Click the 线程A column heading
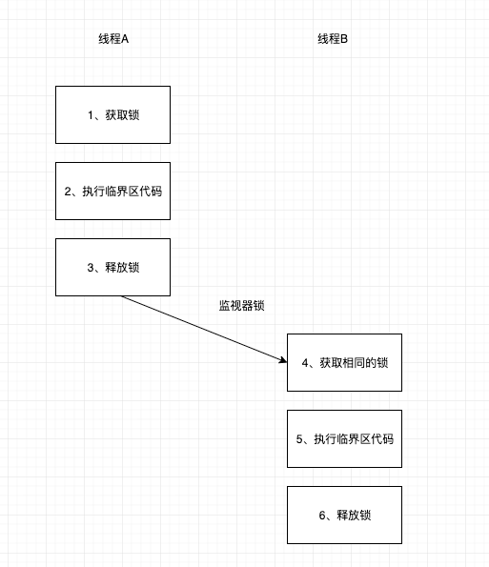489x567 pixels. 112,39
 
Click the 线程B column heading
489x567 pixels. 333,39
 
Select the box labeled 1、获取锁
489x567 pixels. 112,115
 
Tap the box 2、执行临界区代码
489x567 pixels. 112,191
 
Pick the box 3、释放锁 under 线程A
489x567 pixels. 112,267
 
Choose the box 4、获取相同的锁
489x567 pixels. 344,362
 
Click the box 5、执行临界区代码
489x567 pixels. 344,439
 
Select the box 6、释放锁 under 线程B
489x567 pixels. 344,516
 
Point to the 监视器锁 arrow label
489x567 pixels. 241,306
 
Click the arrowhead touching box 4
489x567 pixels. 282,360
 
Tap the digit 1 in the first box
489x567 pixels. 90,115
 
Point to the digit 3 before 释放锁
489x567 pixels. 90,268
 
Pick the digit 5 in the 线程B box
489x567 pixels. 300,439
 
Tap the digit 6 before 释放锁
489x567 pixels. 322,516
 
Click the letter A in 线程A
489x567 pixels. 125,39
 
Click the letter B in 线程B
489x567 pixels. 345,39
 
